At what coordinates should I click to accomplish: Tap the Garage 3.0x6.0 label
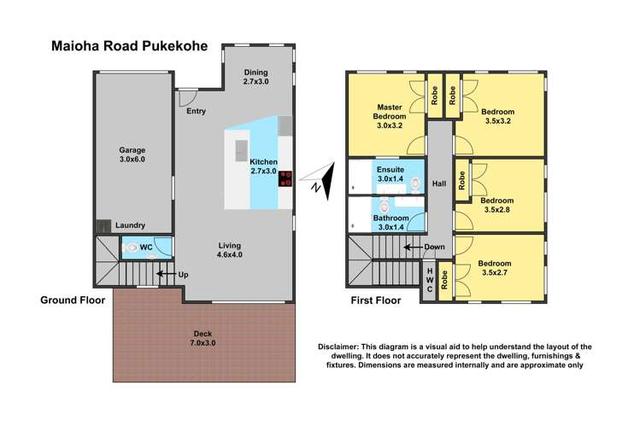click(132, 155)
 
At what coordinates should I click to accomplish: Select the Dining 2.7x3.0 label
click(255, 77)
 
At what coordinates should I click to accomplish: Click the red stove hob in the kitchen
click(285, 178)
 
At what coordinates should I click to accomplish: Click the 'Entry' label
click(197, 112)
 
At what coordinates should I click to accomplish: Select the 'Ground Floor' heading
click(73, 301)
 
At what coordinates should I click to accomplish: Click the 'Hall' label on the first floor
click(439, 184)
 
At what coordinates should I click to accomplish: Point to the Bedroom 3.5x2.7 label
click(497, 268)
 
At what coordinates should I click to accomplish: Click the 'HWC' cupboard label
click(430, 280)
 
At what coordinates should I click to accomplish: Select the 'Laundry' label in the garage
click(130, 225)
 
